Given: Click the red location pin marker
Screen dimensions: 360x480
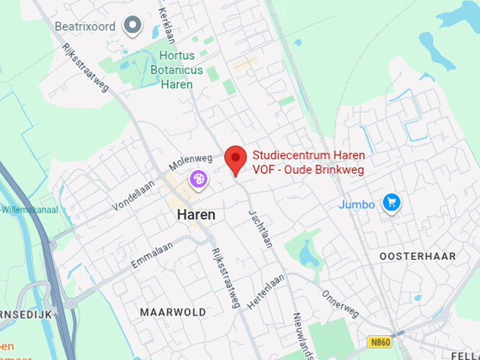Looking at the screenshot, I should tap(235, 159).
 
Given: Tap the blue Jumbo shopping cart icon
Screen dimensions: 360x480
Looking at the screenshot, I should tap(391, 203).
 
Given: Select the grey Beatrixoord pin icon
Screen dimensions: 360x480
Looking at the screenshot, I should tap(132, 26).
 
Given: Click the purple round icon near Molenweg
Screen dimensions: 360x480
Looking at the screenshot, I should tap(199, 180).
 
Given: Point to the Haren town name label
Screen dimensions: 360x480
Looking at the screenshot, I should tap(196, 215).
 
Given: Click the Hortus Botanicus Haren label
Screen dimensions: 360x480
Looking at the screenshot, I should tap(176, 70).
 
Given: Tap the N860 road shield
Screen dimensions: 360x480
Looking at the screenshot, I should tap(379, 342).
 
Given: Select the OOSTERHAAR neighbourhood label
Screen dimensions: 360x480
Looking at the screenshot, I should tap(418, 256).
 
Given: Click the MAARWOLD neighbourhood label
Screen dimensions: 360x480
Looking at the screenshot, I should tap(173, 312).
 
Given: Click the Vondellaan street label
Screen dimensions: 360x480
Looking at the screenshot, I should tap(133, 195).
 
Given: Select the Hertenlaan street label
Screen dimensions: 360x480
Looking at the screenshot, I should tap(266, 291).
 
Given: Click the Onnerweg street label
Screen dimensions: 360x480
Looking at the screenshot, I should tap(341, 304).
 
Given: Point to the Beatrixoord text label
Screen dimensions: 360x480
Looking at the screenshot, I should tap(85, 26).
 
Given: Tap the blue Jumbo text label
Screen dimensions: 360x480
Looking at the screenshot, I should tap(357, 205).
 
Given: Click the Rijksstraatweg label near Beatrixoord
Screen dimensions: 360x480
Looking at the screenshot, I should tap(86, 68).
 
